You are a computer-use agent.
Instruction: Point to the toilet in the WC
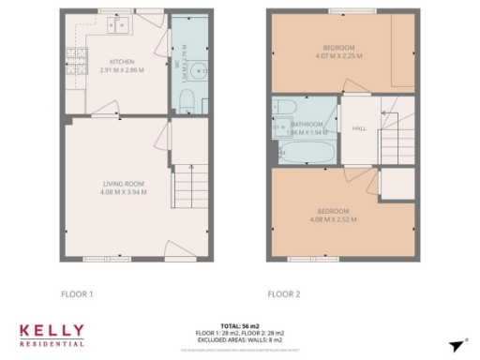pyautogui.click(x=186, y=98)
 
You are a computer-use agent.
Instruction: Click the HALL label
pyautogui.click(x=358, y=128)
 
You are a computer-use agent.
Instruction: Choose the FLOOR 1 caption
pyautogui.click(x=77, y=293)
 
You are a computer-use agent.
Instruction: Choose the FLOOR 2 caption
pyautogui.click(x=283, y=293)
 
